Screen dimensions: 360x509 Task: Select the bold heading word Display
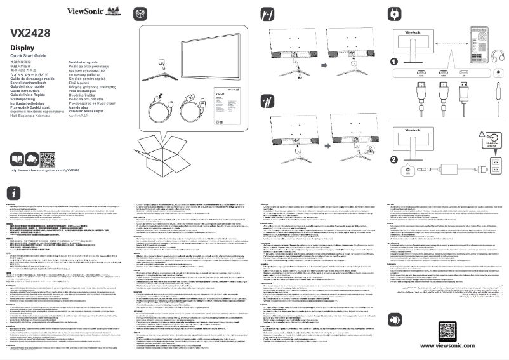22,48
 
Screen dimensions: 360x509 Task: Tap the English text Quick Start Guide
29,57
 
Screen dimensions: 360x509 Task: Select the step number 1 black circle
393,62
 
